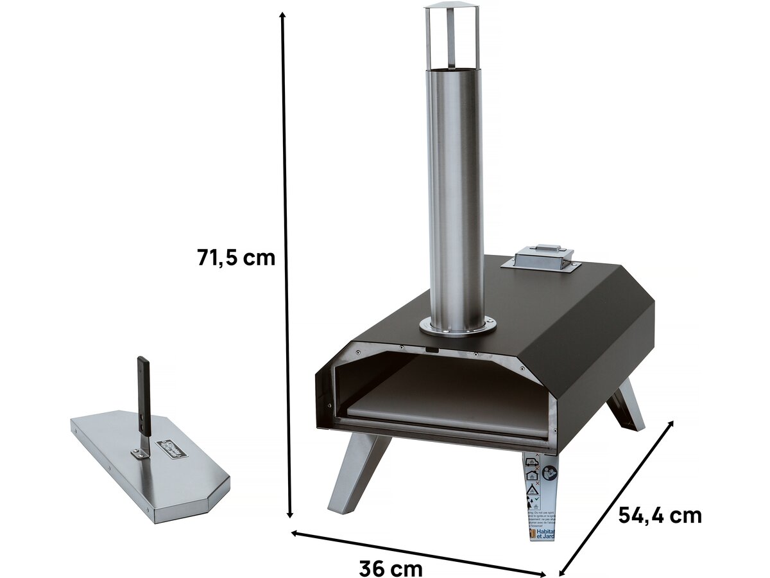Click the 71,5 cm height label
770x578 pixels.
point(236,258)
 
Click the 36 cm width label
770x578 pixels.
point(390,568)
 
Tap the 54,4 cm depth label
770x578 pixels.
point(660,515)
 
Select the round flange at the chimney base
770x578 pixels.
point(457,326)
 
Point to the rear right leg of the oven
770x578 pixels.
point(626,405)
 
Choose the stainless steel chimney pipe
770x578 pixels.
point(456,193)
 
